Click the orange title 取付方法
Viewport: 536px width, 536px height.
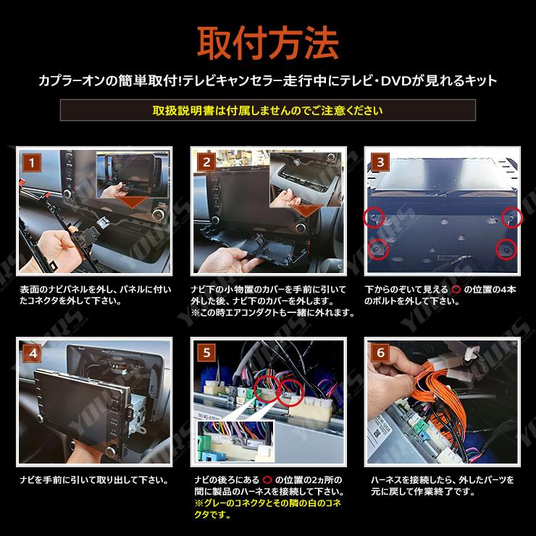(268, 43)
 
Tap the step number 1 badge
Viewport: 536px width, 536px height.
(32, 162)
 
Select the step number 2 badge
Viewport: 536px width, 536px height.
(206, 162)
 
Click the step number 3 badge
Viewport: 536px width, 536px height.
(380, 162)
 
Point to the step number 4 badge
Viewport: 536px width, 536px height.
(32, 353)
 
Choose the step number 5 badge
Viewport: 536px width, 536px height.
(206, 353)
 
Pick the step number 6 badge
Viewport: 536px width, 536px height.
(380, 353)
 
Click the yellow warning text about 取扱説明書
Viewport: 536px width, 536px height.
(268, 110)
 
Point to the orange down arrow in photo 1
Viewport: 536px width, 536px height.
(133, 202)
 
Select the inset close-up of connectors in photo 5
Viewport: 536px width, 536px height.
(236, 441)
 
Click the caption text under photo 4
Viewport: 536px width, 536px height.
(94, 480)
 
